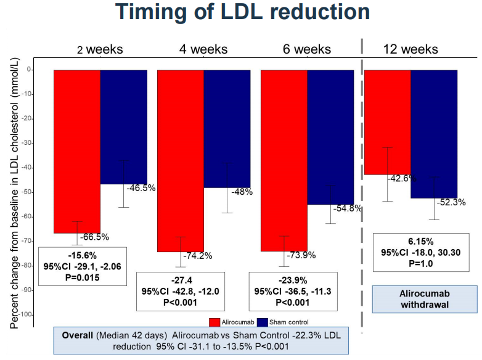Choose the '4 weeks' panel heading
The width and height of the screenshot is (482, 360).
pos(203,49)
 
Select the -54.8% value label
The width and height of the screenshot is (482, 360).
pos(347,208)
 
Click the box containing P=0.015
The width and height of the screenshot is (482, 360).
pos(81,266)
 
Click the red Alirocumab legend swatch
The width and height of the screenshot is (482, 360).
pos(214,321)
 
